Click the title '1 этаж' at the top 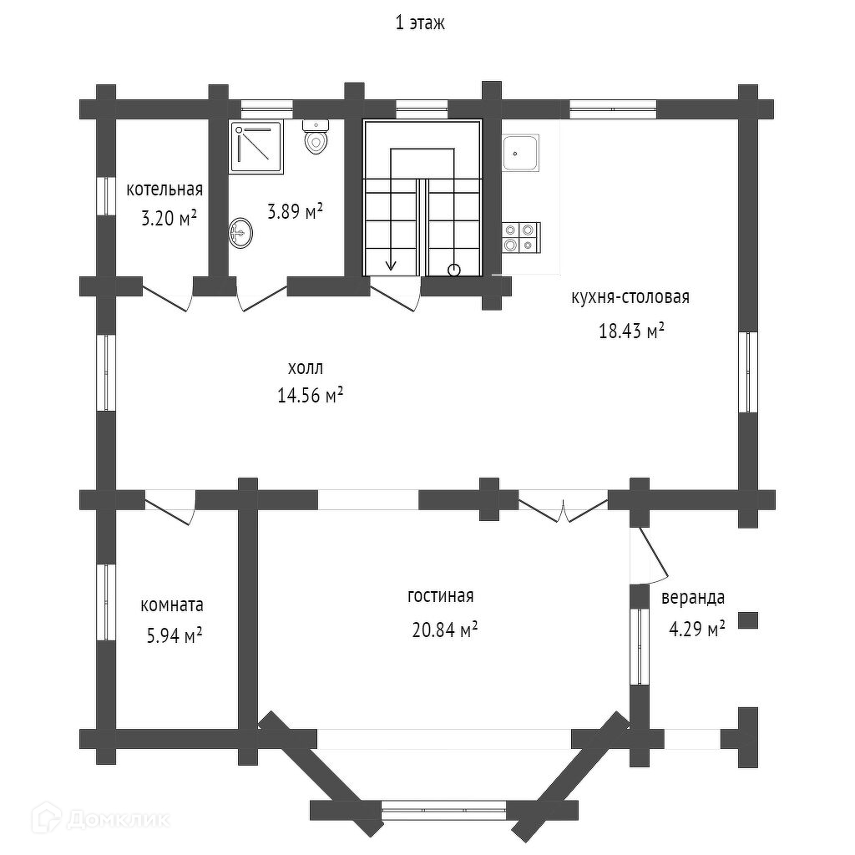tap(420, 23)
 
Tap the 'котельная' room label tap(164, 190)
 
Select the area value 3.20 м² tap(169, 219)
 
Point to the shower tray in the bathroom tap(257, 147)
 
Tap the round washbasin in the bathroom tap(240, 232)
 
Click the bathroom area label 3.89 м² tap(295, 212)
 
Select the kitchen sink tap(520, 153)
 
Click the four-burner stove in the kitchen tap(520, 237)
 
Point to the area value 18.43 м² tap(631, 331)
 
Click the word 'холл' tap(305, 367)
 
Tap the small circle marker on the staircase tap(453, 269)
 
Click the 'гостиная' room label tap(440, 596)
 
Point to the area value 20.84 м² tap(444, 630)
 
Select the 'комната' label tap(172, 605)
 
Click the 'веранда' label tap(692, 598)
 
